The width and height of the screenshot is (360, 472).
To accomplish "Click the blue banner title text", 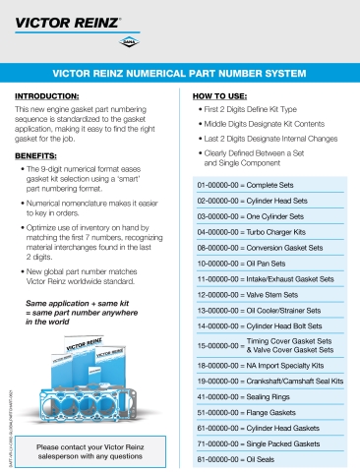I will [x=179, y=73].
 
